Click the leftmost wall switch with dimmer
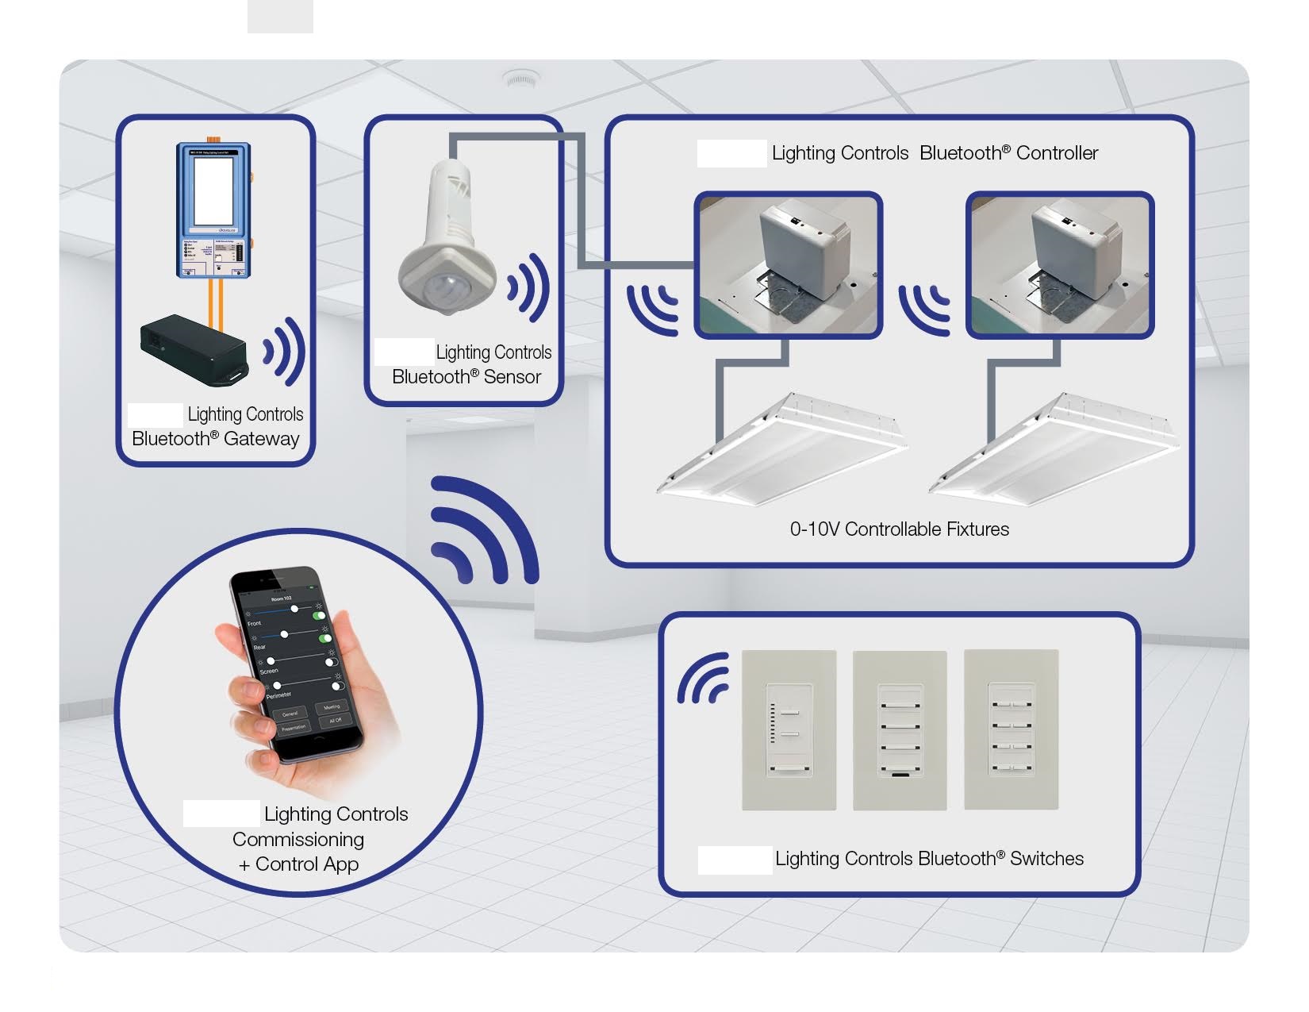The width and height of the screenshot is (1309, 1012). pos(789,730)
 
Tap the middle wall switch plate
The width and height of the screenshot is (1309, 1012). pos(900,730)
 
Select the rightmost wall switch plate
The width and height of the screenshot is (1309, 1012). pos(1011,730)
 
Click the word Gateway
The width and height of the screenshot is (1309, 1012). pos(261,439)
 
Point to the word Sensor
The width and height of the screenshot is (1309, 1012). pos(512,377)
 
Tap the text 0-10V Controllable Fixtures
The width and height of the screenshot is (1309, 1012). pos(899,529)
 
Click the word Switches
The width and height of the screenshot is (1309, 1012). pos(1046,859)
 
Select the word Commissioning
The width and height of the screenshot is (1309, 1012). pos(298,840)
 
